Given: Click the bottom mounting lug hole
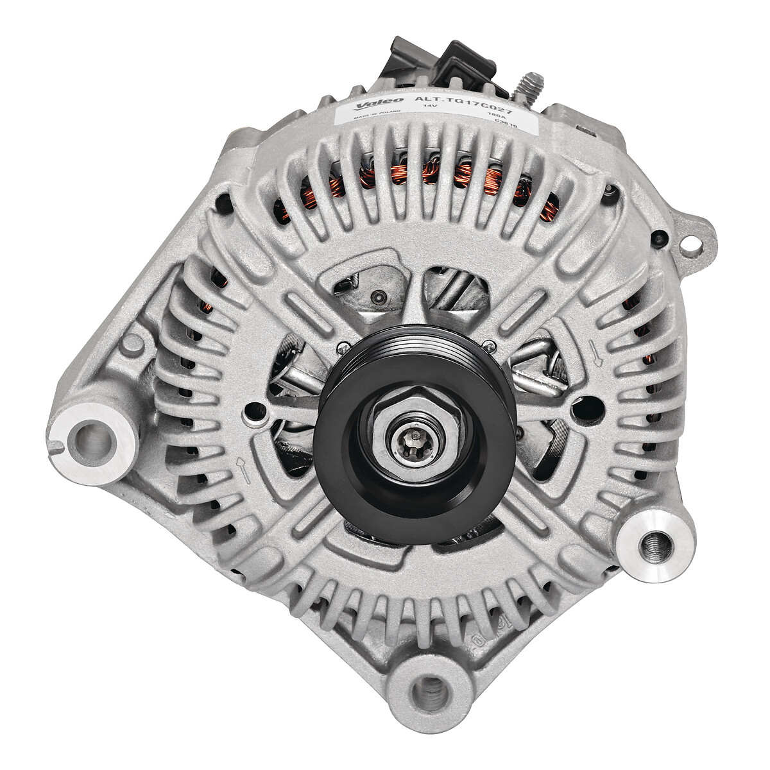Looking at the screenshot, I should click(x=428, y=691).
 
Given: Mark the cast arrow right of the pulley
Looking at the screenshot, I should click(x=597, y=355).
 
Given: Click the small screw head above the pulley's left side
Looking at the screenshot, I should click(x=345, y=347).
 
